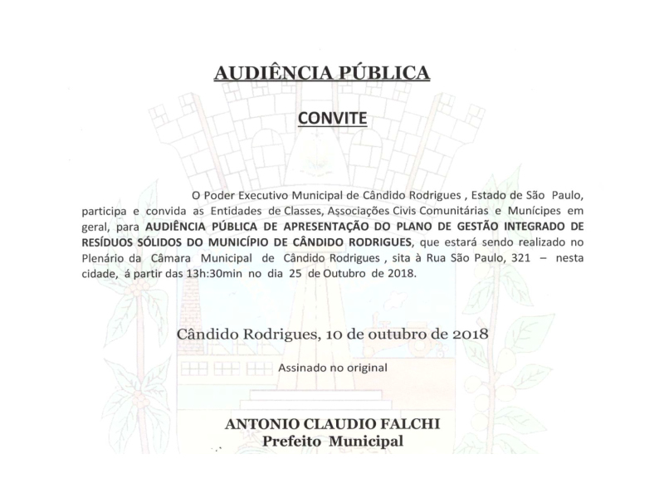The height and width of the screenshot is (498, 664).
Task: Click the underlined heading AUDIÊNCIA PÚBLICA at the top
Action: (x=322, y=73)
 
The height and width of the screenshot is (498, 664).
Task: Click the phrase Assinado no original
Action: (x=331, y=366)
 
